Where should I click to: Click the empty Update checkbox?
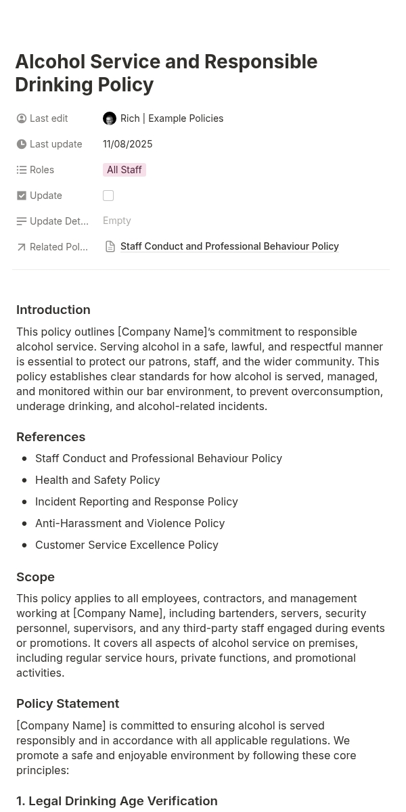(108, 196)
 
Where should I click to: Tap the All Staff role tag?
(125, 170)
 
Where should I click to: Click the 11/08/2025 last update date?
(128, 144)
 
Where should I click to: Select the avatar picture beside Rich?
(110, 118)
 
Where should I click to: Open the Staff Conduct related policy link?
(229, 246)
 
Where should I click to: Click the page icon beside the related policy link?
(110, 247)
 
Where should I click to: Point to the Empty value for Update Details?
(117, 221)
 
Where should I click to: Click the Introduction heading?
(53, 310)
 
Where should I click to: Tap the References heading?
(51, 437)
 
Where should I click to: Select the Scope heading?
(36, 577)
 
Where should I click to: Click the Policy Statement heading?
(68, 704)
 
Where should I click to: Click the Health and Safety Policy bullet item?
(97, 480)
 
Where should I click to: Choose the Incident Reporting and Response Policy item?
(137, 501)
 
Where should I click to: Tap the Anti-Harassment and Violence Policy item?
(130, 523)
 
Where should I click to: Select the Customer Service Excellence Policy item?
(127, 545)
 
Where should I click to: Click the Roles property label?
(42, 170)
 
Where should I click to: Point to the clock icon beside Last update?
(22, 144)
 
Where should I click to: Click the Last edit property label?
(49, 118)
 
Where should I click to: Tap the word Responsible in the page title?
(261, 62)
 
